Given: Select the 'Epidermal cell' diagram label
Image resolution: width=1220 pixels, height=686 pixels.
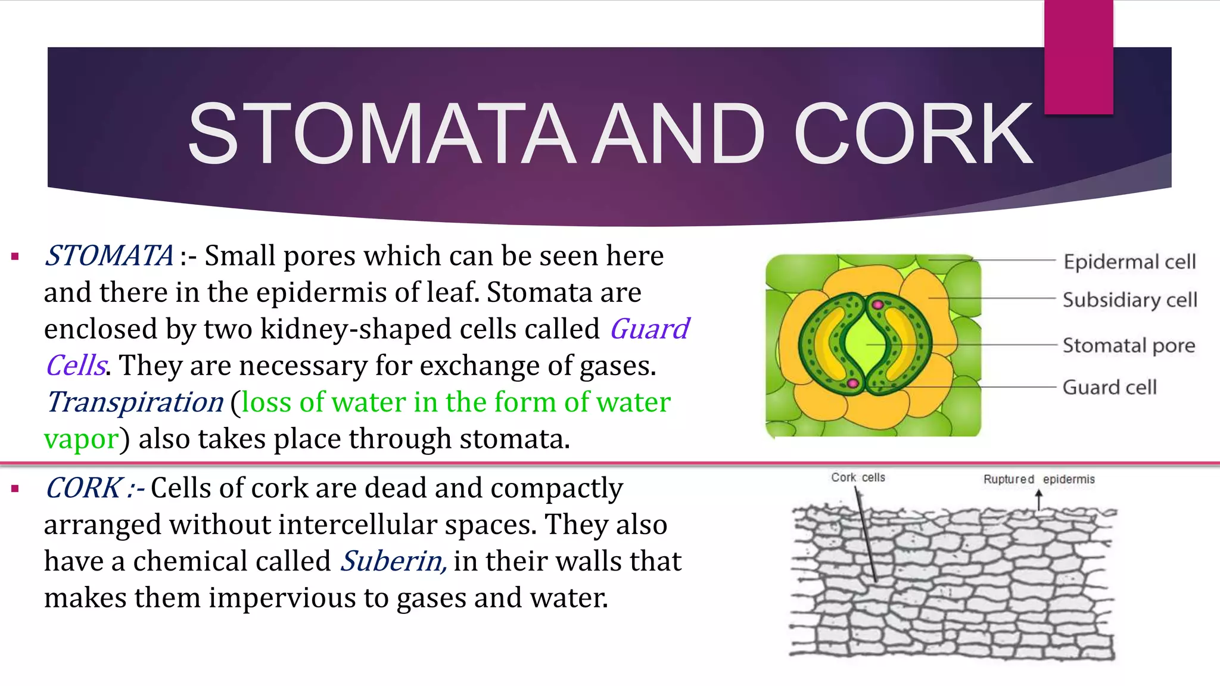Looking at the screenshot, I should (x=1129, y=261).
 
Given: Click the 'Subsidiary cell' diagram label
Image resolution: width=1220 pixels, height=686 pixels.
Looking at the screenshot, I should (x=1129, y=300).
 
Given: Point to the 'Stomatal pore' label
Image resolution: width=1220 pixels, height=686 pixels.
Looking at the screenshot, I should (x=1128, y=345).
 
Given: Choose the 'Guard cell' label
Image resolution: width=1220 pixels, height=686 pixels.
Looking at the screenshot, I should (x=1109, y=387).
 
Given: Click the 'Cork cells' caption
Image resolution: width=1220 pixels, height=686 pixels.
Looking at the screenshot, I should (x=858, y=478).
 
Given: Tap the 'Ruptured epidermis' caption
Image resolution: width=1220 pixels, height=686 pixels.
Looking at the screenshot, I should (x=1038, y=479).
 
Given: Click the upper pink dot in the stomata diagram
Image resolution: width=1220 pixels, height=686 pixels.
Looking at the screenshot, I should (x=877, y=305).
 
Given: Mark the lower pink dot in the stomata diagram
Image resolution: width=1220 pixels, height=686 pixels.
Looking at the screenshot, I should (x=852, y=383).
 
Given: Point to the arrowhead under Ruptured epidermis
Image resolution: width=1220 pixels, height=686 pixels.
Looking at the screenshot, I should (x=1039, y=494).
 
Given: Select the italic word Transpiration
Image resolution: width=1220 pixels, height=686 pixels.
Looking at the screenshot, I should (x=135, y=402).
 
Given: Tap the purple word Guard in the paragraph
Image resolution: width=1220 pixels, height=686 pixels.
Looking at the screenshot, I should (x=649, y=329).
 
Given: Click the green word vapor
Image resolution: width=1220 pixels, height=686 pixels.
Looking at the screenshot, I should (x=81, y=439).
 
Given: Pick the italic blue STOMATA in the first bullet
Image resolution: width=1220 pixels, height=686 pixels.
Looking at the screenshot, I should (x=109, y=256).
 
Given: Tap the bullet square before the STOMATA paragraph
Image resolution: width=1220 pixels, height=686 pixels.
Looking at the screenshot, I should (x=15, y=257).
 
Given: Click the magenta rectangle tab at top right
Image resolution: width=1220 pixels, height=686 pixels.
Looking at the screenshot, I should (x=1078, y=57).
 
